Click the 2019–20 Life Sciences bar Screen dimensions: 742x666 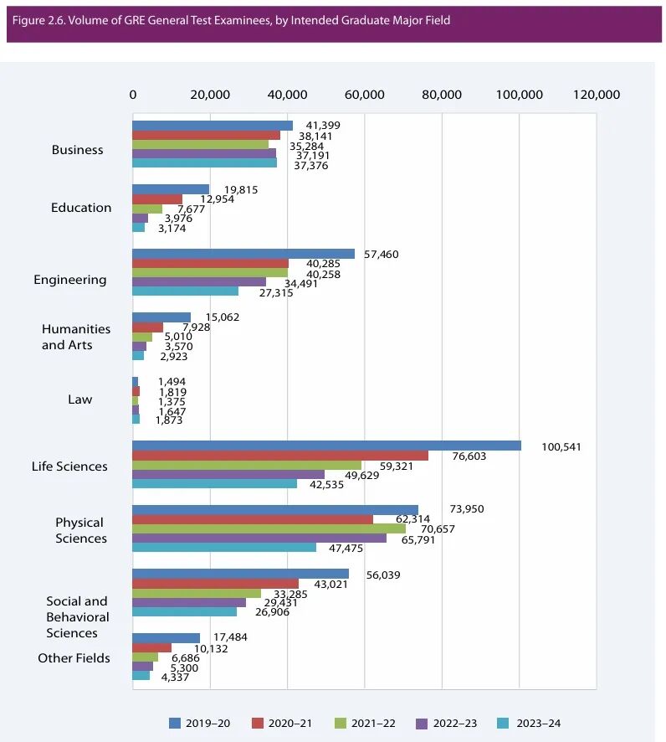tap(326, 446)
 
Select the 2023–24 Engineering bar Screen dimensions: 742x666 tap(185, 291)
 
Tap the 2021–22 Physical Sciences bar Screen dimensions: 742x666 tap(269, 528)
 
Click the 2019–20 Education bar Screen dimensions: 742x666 tap(171, 189)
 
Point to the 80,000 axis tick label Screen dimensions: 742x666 tap(441, 95)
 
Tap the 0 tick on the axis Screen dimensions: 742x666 tap(133, 95)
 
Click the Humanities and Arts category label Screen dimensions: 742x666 tap(76, 338)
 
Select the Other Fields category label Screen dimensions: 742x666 tap(74, 658)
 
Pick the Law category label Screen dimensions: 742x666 tap(80, 399)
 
